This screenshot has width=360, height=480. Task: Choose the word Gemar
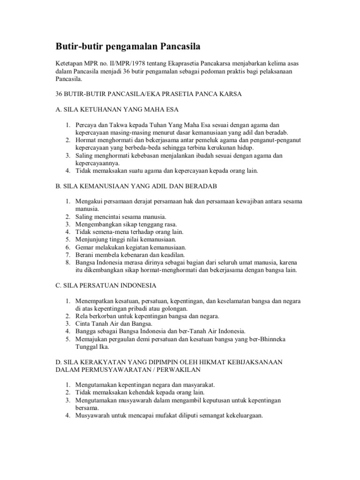[84, 247]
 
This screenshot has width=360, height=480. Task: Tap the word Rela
[82, 316]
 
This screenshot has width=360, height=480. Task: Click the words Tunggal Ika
[92, 347]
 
